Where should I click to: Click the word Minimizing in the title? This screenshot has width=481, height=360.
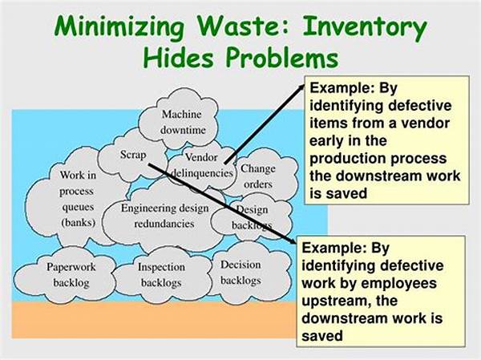[x=119, y=28]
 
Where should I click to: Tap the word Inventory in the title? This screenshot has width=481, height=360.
[x=365, y=28]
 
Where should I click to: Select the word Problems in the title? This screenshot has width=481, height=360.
[x=282, y=58]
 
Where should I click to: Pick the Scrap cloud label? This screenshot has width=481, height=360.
[x=133, y=154]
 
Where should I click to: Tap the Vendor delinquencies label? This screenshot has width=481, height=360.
[x=201, y=165]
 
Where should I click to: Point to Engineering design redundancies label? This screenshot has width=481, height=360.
[x=164, y=216]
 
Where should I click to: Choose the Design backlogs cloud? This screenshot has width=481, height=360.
[x=253, y=217]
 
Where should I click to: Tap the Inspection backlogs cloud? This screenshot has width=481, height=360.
[x=162, y=275]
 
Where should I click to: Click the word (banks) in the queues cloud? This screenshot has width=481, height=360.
[x=79, y=222]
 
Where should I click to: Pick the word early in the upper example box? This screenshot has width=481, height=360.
[x=326, y=141]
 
